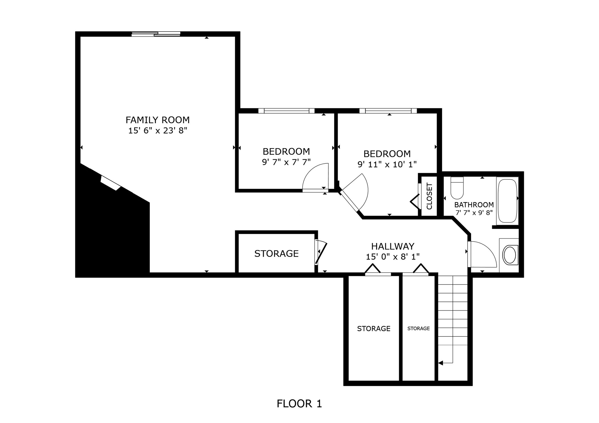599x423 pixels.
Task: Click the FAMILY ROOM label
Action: (x=157, y=120)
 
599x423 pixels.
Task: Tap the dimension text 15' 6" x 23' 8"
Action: (x=157, y=131)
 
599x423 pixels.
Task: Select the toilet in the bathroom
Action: (x=457, y=188)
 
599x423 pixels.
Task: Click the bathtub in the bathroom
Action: (x=507, y=201)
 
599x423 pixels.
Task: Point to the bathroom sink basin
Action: (x=510, y=255)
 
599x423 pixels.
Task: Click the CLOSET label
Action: (x=429, y=196)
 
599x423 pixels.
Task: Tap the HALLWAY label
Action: (x=393, y=246)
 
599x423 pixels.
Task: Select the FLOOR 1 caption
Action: (x=299, y=403)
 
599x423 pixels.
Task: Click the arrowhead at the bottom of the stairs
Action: (x=441, y=363)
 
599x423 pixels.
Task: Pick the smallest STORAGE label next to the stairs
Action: (x=418, y=329)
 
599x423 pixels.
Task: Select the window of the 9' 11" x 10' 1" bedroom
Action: (x=388, y=111)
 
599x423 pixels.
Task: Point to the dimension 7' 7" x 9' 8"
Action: (x=474, y=213)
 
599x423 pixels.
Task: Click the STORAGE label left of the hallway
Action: (x=276, y=253)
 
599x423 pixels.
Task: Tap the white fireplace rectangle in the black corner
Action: (x=110, y=183)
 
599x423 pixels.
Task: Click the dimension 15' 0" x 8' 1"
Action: (x=393, y=257)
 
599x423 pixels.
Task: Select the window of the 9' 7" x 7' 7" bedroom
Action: (x=286, y=111)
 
